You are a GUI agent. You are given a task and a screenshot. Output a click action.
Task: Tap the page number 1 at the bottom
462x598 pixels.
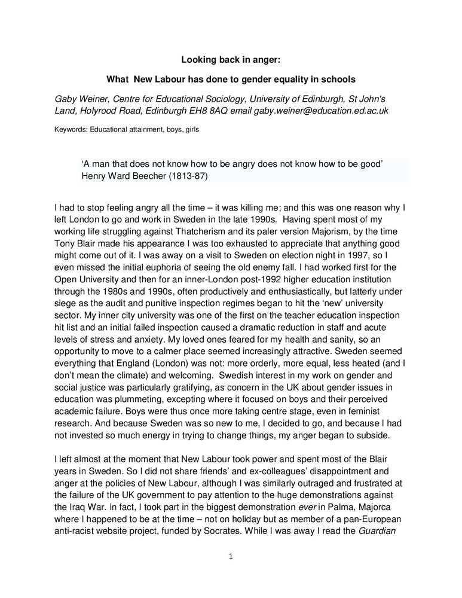click(231, 556)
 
